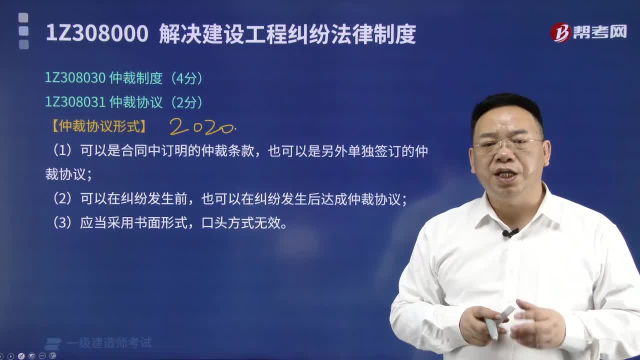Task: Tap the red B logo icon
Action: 560,33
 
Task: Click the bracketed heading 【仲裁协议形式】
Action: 99,126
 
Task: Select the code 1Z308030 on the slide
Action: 75,78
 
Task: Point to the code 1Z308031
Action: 75,102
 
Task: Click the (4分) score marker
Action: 186,78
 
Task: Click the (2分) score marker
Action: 186,102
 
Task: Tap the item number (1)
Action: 63,151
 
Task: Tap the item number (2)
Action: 63,199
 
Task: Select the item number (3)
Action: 63,223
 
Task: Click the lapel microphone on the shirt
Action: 509,233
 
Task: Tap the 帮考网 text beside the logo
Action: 603,32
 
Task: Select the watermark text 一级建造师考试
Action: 108,343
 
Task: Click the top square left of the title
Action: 23,18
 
